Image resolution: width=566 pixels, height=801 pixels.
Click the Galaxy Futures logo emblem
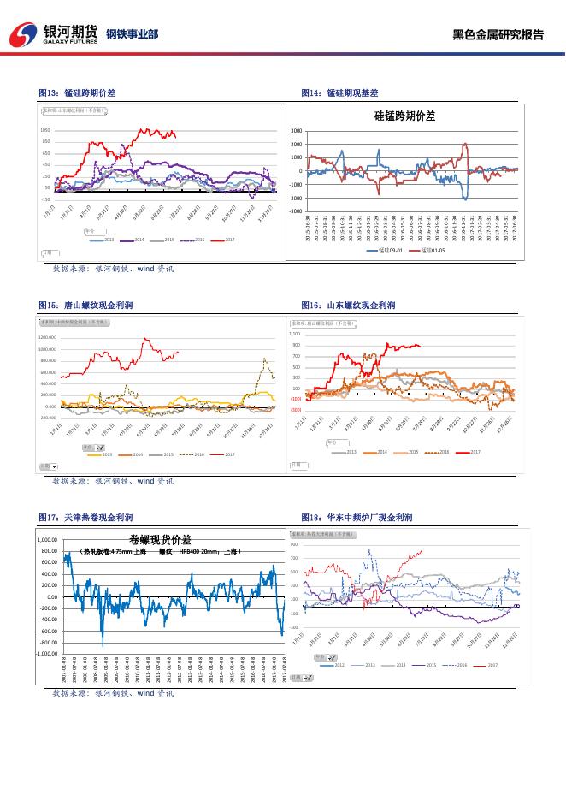(23, 34)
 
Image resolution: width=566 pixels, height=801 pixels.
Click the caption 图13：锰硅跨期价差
(78, 92)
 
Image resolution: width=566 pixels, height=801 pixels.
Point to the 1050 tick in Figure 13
(45, 130)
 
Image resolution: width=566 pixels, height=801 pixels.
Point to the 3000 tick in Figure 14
(296, 131)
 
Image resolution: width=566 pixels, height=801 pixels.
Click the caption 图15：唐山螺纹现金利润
(85, 305)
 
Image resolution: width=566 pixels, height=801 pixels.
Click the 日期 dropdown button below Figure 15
(55, 467)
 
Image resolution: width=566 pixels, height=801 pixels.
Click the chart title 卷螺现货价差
(160, 540)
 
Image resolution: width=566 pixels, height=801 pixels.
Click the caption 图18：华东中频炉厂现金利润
(357, 518)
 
